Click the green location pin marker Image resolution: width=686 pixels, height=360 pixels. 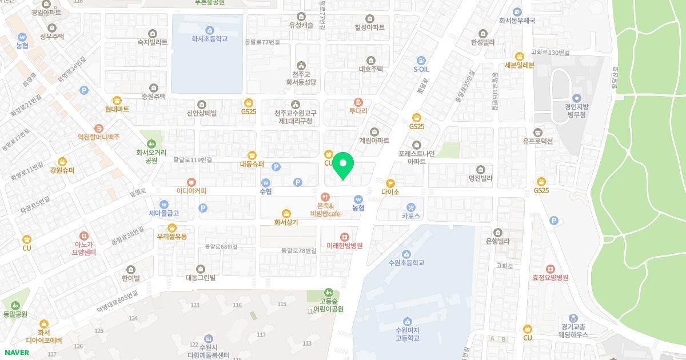pos(343,165)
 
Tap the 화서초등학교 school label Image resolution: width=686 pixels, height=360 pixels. pos(210,39)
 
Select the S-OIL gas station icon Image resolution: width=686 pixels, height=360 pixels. pos(421,59)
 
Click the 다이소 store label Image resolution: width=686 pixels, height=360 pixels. pos(390,192)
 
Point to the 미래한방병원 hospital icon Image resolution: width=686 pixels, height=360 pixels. pos(345,237)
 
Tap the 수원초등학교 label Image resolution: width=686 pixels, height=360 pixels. pos(406,263)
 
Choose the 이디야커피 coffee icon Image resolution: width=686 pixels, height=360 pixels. pos(192,182)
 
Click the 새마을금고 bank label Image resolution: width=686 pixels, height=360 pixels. pos(164,213)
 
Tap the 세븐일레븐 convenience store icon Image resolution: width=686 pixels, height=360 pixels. pos(520,56)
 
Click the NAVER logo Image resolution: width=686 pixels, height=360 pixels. pos(16,353)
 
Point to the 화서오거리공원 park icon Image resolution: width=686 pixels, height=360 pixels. pos(151,143)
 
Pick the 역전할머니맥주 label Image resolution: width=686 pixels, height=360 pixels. pos(99,137)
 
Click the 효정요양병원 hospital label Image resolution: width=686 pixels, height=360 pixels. pos(550,278)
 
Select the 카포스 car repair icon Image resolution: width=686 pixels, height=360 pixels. pos(411,207)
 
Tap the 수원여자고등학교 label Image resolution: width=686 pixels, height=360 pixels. pos(407,334)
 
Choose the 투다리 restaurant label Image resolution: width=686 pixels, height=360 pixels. pos(358,111)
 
